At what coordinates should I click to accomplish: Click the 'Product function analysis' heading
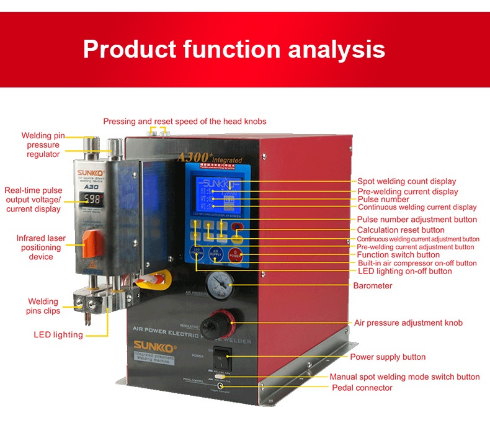(234, 49)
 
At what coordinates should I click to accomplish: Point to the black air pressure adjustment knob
(220, 322)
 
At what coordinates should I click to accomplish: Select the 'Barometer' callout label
(373, 286)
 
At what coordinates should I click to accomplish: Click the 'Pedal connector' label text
(362, 388)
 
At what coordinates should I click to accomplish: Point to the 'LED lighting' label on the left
(58, 335)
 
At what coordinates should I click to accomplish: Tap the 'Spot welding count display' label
(407, 182)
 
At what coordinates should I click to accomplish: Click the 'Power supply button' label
(388, 357)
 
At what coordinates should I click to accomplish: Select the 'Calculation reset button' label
(401, 230)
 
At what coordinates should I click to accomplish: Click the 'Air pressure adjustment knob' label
(408, 323)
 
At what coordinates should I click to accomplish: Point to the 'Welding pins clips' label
(42, 306)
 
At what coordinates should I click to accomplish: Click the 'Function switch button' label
(398, 255)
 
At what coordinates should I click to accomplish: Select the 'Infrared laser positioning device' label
(41, 248)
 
